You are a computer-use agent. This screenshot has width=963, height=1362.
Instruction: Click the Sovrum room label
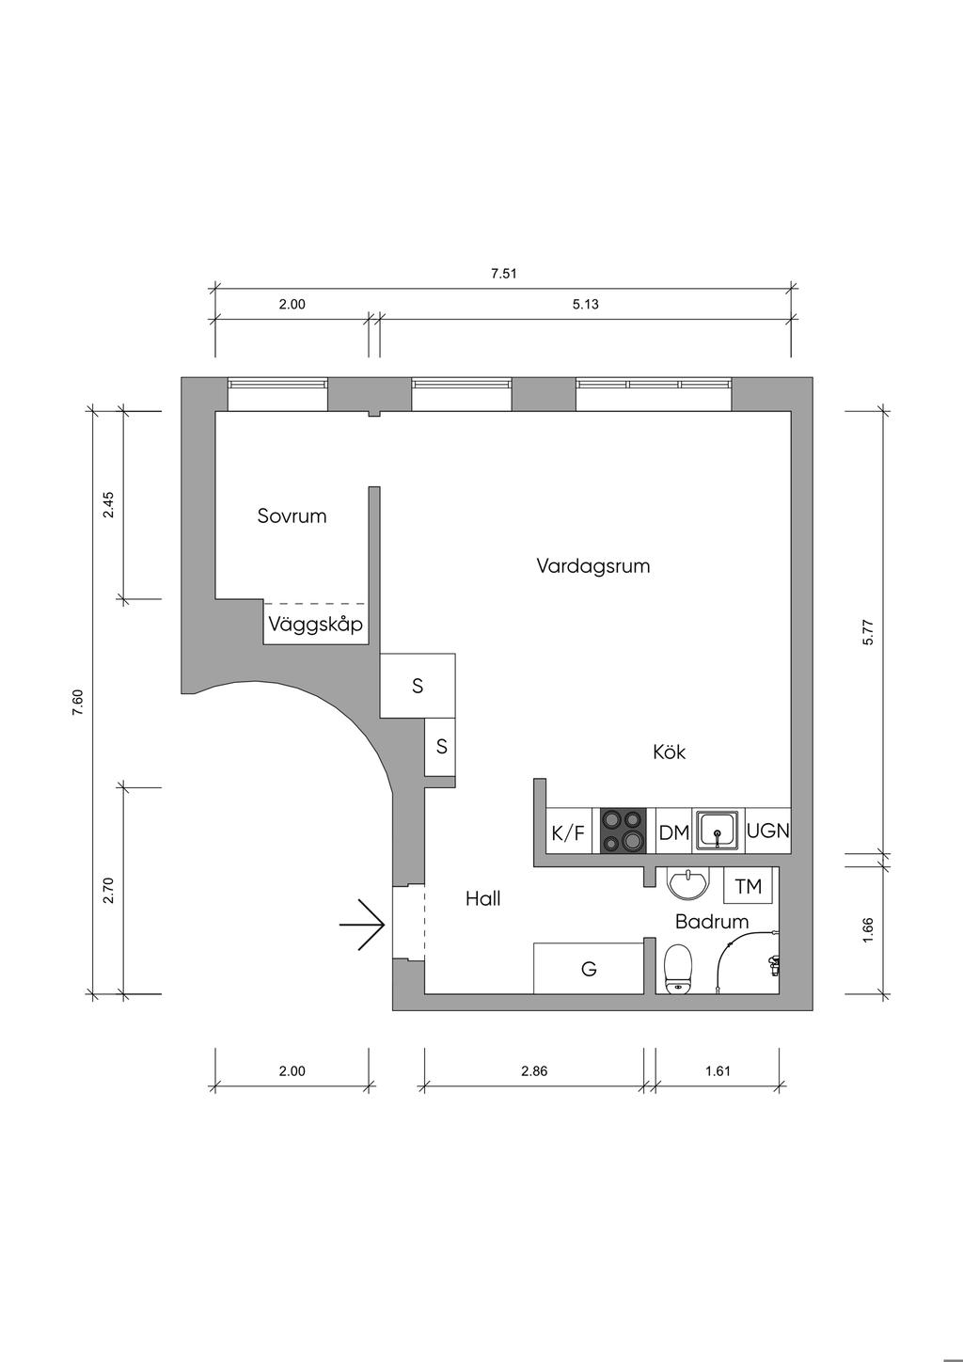point(292,516)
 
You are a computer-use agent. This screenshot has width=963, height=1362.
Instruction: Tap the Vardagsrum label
point(593,566)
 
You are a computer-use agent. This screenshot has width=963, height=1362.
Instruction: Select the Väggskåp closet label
point(315,625)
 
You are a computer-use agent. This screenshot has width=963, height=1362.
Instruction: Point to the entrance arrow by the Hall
point(363,926)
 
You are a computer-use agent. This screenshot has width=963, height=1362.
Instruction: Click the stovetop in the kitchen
point(624,831)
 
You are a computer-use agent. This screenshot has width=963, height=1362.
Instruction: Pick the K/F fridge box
point(568,832)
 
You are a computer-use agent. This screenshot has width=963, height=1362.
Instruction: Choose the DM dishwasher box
point(674,832)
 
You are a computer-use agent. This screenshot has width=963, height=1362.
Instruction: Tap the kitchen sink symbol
point(719,831)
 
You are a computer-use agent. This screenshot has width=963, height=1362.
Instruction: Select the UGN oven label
point(767,831)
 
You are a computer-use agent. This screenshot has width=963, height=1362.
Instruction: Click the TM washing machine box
point(749,886)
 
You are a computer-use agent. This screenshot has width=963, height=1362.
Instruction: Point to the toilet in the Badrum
point(678,970)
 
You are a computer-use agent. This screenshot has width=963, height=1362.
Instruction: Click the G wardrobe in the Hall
point(589,968)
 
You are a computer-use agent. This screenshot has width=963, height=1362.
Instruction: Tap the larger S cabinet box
point(418,686)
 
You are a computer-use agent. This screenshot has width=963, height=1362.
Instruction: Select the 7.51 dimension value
point(504,275)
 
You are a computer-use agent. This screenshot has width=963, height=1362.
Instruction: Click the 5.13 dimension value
point(585,304)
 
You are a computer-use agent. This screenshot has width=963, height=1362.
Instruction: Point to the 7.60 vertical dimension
point(78,703)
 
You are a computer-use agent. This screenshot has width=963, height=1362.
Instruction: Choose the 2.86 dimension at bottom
point(534,1070)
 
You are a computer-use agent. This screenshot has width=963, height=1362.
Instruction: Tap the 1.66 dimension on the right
point(868,930)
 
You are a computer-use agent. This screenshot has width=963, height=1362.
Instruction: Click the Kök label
point(670,752)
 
